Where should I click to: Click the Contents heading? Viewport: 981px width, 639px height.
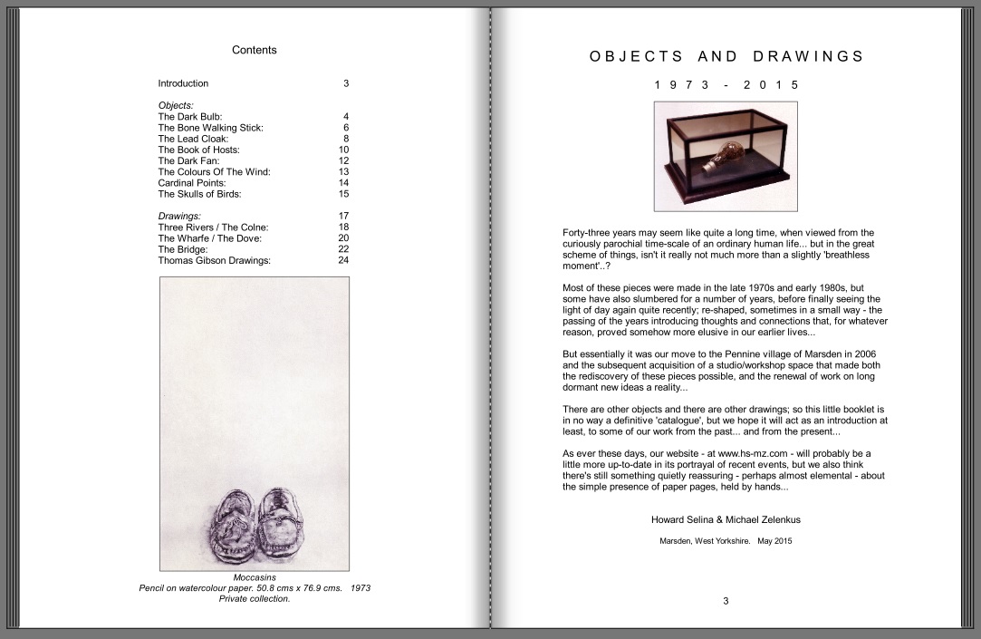[x=254, y=50]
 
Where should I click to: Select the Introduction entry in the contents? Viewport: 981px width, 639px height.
[x=183, y=83]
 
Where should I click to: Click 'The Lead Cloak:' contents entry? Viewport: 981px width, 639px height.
[x=193, y=139]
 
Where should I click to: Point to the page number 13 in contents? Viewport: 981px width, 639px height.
[x=343, y=171]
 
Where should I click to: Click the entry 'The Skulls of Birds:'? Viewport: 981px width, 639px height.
[x=199, y=194]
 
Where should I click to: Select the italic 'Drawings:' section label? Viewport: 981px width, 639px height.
[x=179, y=216]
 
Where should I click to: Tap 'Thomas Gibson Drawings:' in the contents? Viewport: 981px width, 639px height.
[x=214, y=260]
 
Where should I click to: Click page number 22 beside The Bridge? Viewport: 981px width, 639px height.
[x=343, y=249]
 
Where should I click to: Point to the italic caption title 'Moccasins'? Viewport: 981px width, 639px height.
[x=255, y=577]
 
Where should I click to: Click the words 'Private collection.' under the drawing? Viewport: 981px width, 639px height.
[x=255, y=598]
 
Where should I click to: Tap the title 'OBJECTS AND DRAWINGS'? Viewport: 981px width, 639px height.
[x=726, y=56]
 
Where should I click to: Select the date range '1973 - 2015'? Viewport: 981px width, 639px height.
[x=726, y=84]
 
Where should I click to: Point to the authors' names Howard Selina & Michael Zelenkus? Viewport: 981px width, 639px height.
[x=726, y=520]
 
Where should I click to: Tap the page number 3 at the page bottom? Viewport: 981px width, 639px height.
[x=726, y=600]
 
